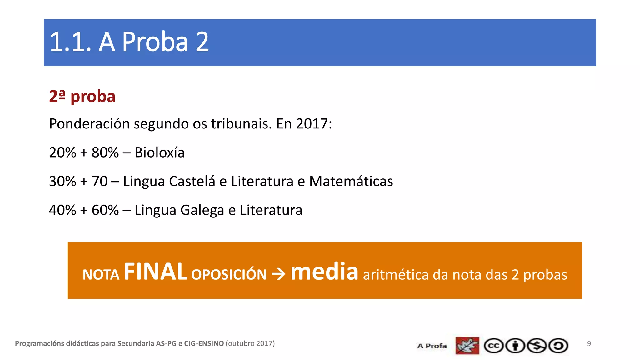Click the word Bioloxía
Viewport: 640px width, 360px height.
pos(159,153)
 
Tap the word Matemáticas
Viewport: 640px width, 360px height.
pos(351,181)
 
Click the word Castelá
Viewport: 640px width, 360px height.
pos(192,181)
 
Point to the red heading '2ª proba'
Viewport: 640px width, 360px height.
pos(82,96)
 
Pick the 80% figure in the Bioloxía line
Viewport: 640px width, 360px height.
pos(105,153)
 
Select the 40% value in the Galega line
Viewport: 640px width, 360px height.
pos(62,210)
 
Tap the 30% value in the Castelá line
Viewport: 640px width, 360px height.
pos(62,181)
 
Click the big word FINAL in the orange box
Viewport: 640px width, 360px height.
pos(155,272)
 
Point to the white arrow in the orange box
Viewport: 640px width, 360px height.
pos(278,274)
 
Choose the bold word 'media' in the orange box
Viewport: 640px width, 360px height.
pos(324,272)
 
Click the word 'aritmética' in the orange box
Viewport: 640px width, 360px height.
pos(395,275)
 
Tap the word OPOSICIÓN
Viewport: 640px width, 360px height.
pos(229,275)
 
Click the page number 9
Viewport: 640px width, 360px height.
pos(589,343)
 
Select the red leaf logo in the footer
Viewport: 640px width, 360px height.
pos(467,346)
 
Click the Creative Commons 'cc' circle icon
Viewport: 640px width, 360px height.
pos(493,346)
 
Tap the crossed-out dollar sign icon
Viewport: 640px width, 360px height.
pos(537,346)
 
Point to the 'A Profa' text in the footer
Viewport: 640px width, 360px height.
pos(432,346)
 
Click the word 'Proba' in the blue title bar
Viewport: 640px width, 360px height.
pos(155,42)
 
